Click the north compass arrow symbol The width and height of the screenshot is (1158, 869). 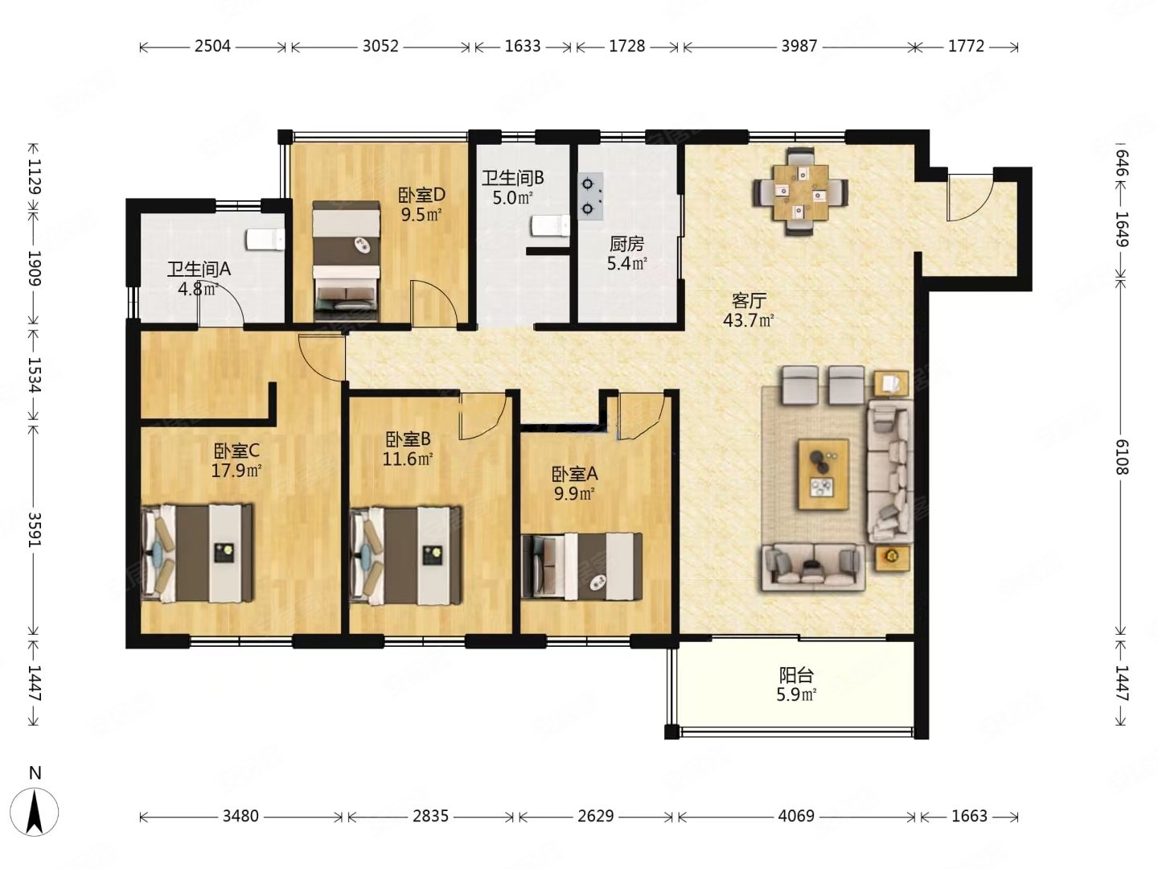tap(35, 812)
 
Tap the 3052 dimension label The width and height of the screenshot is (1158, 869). tap(380, 47)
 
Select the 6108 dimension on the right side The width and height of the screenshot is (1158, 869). tap(1121, 457)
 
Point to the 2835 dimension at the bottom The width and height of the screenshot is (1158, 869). tap(430, 816)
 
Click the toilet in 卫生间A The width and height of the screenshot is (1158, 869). tap(265, 239)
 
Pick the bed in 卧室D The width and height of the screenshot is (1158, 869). tap(346, 261)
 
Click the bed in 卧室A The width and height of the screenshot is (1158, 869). tap(581, 566)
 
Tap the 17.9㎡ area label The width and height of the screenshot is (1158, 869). tap(237, 470)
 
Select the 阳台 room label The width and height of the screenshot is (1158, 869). tap(797, 675)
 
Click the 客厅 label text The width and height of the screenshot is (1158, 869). tap(749, 301)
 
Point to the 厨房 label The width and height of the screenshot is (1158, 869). tap(626, 244)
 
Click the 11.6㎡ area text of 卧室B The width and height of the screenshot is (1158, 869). tap(408, 459)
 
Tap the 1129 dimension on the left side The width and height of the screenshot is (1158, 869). tap(35, 177)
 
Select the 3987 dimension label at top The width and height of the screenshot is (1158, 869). tap(799, 47)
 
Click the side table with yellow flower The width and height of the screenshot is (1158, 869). tap(893, 558)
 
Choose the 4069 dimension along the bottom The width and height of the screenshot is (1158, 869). tap(797, 816)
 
